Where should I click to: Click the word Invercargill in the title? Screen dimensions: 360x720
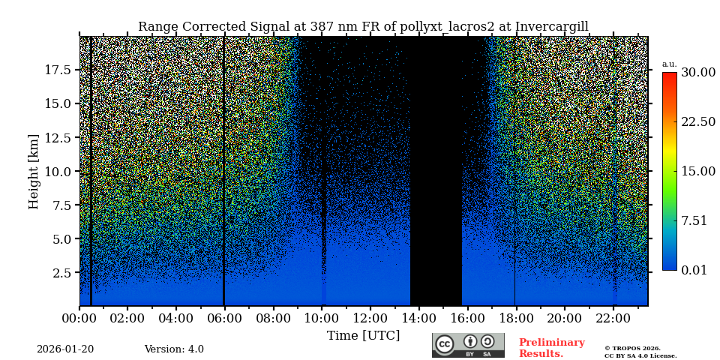[551, 27]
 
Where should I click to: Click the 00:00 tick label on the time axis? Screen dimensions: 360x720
[79, 319]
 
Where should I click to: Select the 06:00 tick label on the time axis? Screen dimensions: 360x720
[224, 319]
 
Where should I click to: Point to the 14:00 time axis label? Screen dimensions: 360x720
[418, 319]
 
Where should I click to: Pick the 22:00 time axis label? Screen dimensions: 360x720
[613, 319]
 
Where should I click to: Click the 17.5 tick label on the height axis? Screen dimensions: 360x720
[58, 70]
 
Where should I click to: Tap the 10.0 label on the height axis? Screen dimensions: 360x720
[58, 171]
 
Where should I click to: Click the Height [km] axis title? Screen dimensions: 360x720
[34, 171]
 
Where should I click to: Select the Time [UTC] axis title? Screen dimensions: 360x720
[363, 336]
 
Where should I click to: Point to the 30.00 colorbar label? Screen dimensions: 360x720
[697, 73]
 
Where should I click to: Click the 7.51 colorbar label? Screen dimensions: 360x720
[694, 220]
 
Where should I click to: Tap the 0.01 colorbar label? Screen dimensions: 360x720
[694, 270]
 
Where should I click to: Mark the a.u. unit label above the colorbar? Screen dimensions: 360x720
[669, 64]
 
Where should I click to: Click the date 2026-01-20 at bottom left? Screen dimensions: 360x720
[65, 349]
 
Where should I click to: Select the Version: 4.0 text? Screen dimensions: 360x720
[174, 349]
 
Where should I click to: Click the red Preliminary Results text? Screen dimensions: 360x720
[551, 348]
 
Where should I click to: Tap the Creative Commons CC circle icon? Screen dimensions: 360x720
[445, 344]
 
